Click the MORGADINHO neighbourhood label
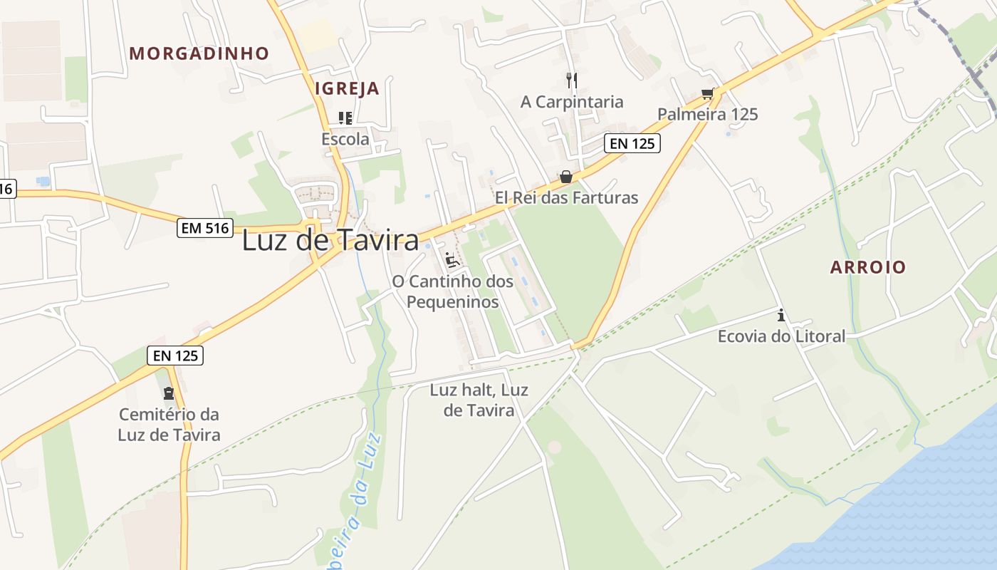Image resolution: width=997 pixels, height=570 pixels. (x=199, y=53)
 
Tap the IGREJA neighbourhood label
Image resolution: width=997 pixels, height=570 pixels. (x=347, y=89)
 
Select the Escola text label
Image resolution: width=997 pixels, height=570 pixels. (x=345, y=139)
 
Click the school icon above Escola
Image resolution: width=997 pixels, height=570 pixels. (x=345, y=118)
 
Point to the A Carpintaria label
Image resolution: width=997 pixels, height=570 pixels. (x=572, y=102)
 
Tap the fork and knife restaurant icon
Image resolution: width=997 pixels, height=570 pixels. (x=571, y=80)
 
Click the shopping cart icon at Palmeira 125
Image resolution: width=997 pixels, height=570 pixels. (x=707, y=93)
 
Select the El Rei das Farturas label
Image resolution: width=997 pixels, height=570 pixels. (x=567, y=197)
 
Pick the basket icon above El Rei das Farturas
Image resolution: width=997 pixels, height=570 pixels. (x=566, y=176)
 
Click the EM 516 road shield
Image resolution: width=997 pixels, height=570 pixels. (x=205, y=228)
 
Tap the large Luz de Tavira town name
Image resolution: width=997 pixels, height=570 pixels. (x=330, y=241)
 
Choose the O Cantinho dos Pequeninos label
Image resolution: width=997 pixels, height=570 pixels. (x=452, y=291)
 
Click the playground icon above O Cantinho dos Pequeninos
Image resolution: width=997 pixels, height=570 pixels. (x=451, y=259)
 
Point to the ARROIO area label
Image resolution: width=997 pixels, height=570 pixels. (x=868, y=267)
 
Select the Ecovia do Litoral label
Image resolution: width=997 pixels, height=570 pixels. (x=781, y=336)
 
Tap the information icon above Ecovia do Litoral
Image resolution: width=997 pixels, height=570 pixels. (x=781, y=315)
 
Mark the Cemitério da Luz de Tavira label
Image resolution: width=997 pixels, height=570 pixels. (x=169, y=424)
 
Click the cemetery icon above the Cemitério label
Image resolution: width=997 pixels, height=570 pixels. (x=169, y=393)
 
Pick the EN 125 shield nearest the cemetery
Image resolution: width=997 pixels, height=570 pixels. (x=175, y=355)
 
